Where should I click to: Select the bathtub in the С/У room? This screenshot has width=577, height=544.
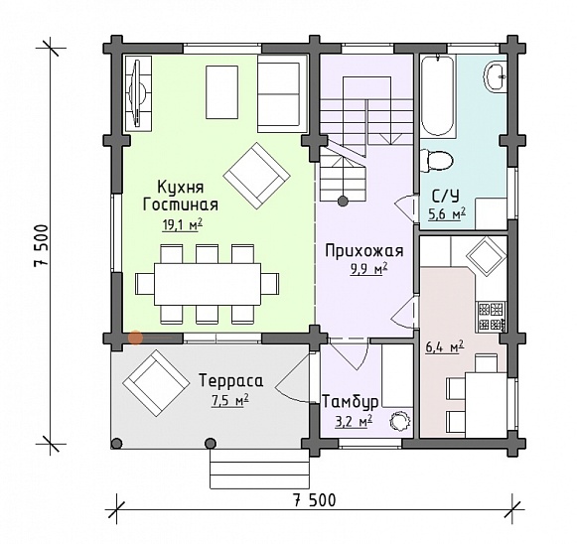(438, 95)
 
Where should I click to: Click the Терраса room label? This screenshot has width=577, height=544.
(231, 380)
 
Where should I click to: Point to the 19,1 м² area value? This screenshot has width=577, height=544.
(183, 224)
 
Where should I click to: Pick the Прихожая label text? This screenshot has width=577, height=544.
(364, 251)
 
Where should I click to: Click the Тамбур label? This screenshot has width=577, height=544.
(350, 402)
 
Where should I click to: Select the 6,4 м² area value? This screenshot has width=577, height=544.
(444, 346)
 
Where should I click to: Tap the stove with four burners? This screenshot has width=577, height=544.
(492, 316)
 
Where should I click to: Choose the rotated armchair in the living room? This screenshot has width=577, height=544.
(257, 176)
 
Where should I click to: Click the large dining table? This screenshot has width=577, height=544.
(208, 284)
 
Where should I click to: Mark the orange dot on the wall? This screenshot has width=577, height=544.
(135, 338)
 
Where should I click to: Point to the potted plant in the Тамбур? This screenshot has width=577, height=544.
(400, 420)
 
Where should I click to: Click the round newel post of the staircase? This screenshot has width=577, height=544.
(343, 201)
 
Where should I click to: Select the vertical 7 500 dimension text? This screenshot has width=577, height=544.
(41, 245)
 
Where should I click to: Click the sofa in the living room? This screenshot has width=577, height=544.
(282, 93)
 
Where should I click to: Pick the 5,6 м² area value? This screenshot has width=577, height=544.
(447, 213)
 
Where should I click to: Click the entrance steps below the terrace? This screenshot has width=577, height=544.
(259, 469)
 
